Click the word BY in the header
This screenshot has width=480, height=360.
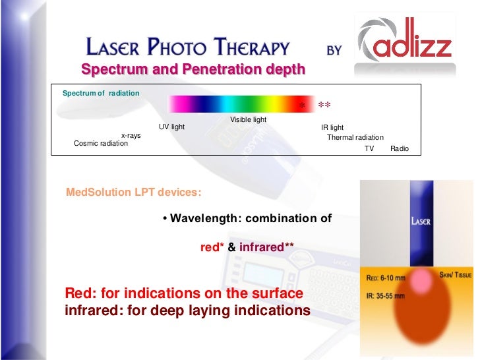(334, 49)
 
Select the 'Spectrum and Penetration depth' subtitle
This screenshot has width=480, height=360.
(193, 69)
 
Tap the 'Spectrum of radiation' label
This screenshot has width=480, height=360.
(101, 94)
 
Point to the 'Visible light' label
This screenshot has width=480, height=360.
(248, 119)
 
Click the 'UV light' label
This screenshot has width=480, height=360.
(171, 127)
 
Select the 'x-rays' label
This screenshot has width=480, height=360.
(131, 135)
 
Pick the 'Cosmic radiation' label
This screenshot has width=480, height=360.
(101, 143)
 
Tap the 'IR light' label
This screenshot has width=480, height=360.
(332, 127)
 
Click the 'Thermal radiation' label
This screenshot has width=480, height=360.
(355, 137)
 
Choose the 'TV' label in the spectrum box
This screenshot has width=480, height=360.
(369, 149)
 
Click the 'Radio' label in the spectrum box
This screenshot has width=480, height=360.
(400, 149)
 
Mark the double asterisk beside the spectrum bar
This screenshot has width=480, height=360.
(324, 105)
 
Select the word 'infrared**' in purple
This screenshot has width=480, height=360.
(266, 248)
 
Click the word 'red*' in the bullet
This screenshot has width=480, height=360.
(212, 248)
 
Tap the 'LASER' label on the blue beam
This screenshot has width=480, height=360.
(421, 222)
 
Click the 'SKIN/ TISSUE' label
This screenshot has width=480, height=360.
(456, 274)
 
